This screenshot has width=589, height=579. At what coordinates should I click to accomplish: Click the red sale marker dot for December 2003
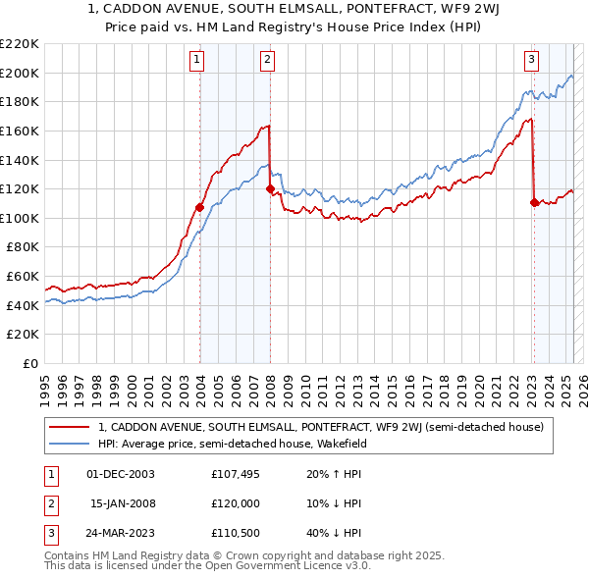tap(199, 207)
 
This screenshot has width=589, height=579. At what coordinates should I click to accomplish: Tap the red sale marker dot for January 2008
tap(270, 189)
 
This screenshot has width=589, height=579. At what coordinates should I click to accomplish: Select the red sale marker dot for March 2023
tap(534, 203)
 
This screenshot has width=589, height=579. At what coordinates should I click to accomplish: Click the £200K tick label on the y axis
tap(20, 73)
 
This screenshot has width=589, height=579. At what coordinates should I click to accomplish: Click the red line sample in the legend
tap(69, 427)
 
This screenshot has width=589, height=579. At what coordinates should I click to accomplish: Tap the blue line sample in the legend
tap(69, 444)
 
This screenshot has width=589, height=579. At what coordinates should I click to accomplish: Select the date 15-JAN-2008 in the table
tap(122, 503)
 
